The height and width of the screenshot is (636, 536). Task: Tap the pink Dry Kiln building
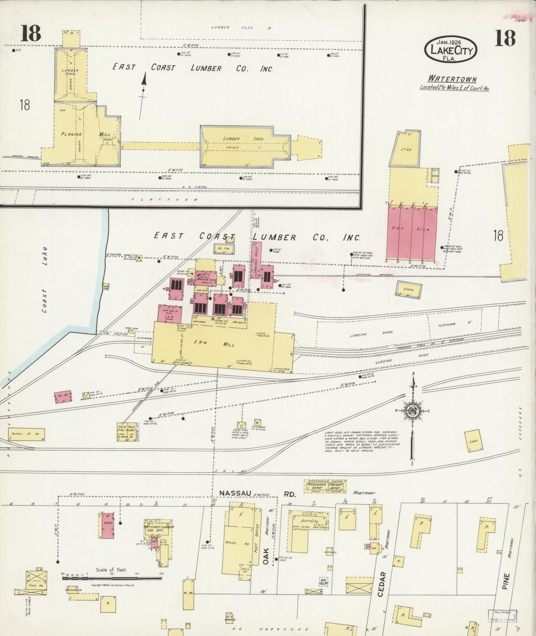(411, 232)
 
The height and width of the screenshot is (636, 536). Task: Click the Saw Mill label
(213, 344)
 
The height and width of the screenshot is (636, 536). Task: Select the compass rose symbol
(413, 411)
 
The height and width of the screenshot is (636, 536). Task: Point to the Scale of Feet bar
(108, 577)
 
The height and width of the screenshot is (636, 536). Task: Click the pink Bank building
(108, 525)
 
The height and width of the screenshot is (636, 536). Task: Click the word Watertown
(452, 79)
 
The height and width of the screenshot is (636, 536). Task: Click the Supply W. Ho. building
(26, 434)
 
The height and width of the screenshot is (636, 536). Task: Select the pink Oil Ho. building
(63, 397)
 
